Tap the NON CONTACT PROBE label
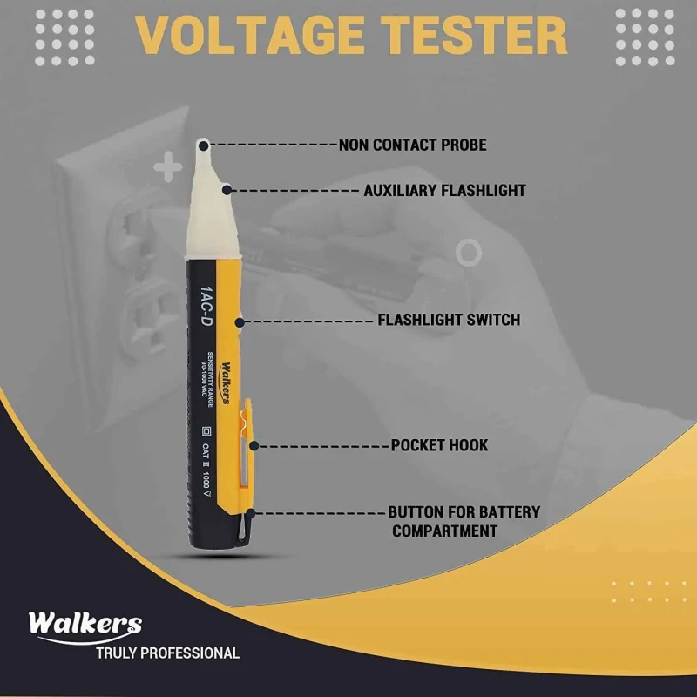click(412, 145)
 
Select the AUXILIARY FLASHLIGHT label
click(444, 190)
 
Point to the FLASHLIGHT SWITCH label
click(448, 320)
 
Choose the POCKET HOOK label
click(439, 445)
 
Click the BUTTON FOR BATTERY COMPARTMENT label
click(464, 521)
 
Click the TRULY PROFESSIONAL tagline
click(167, 653)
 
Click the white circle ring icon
click(469, 253)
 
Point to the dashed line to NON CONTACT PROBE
click(272, 144)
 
